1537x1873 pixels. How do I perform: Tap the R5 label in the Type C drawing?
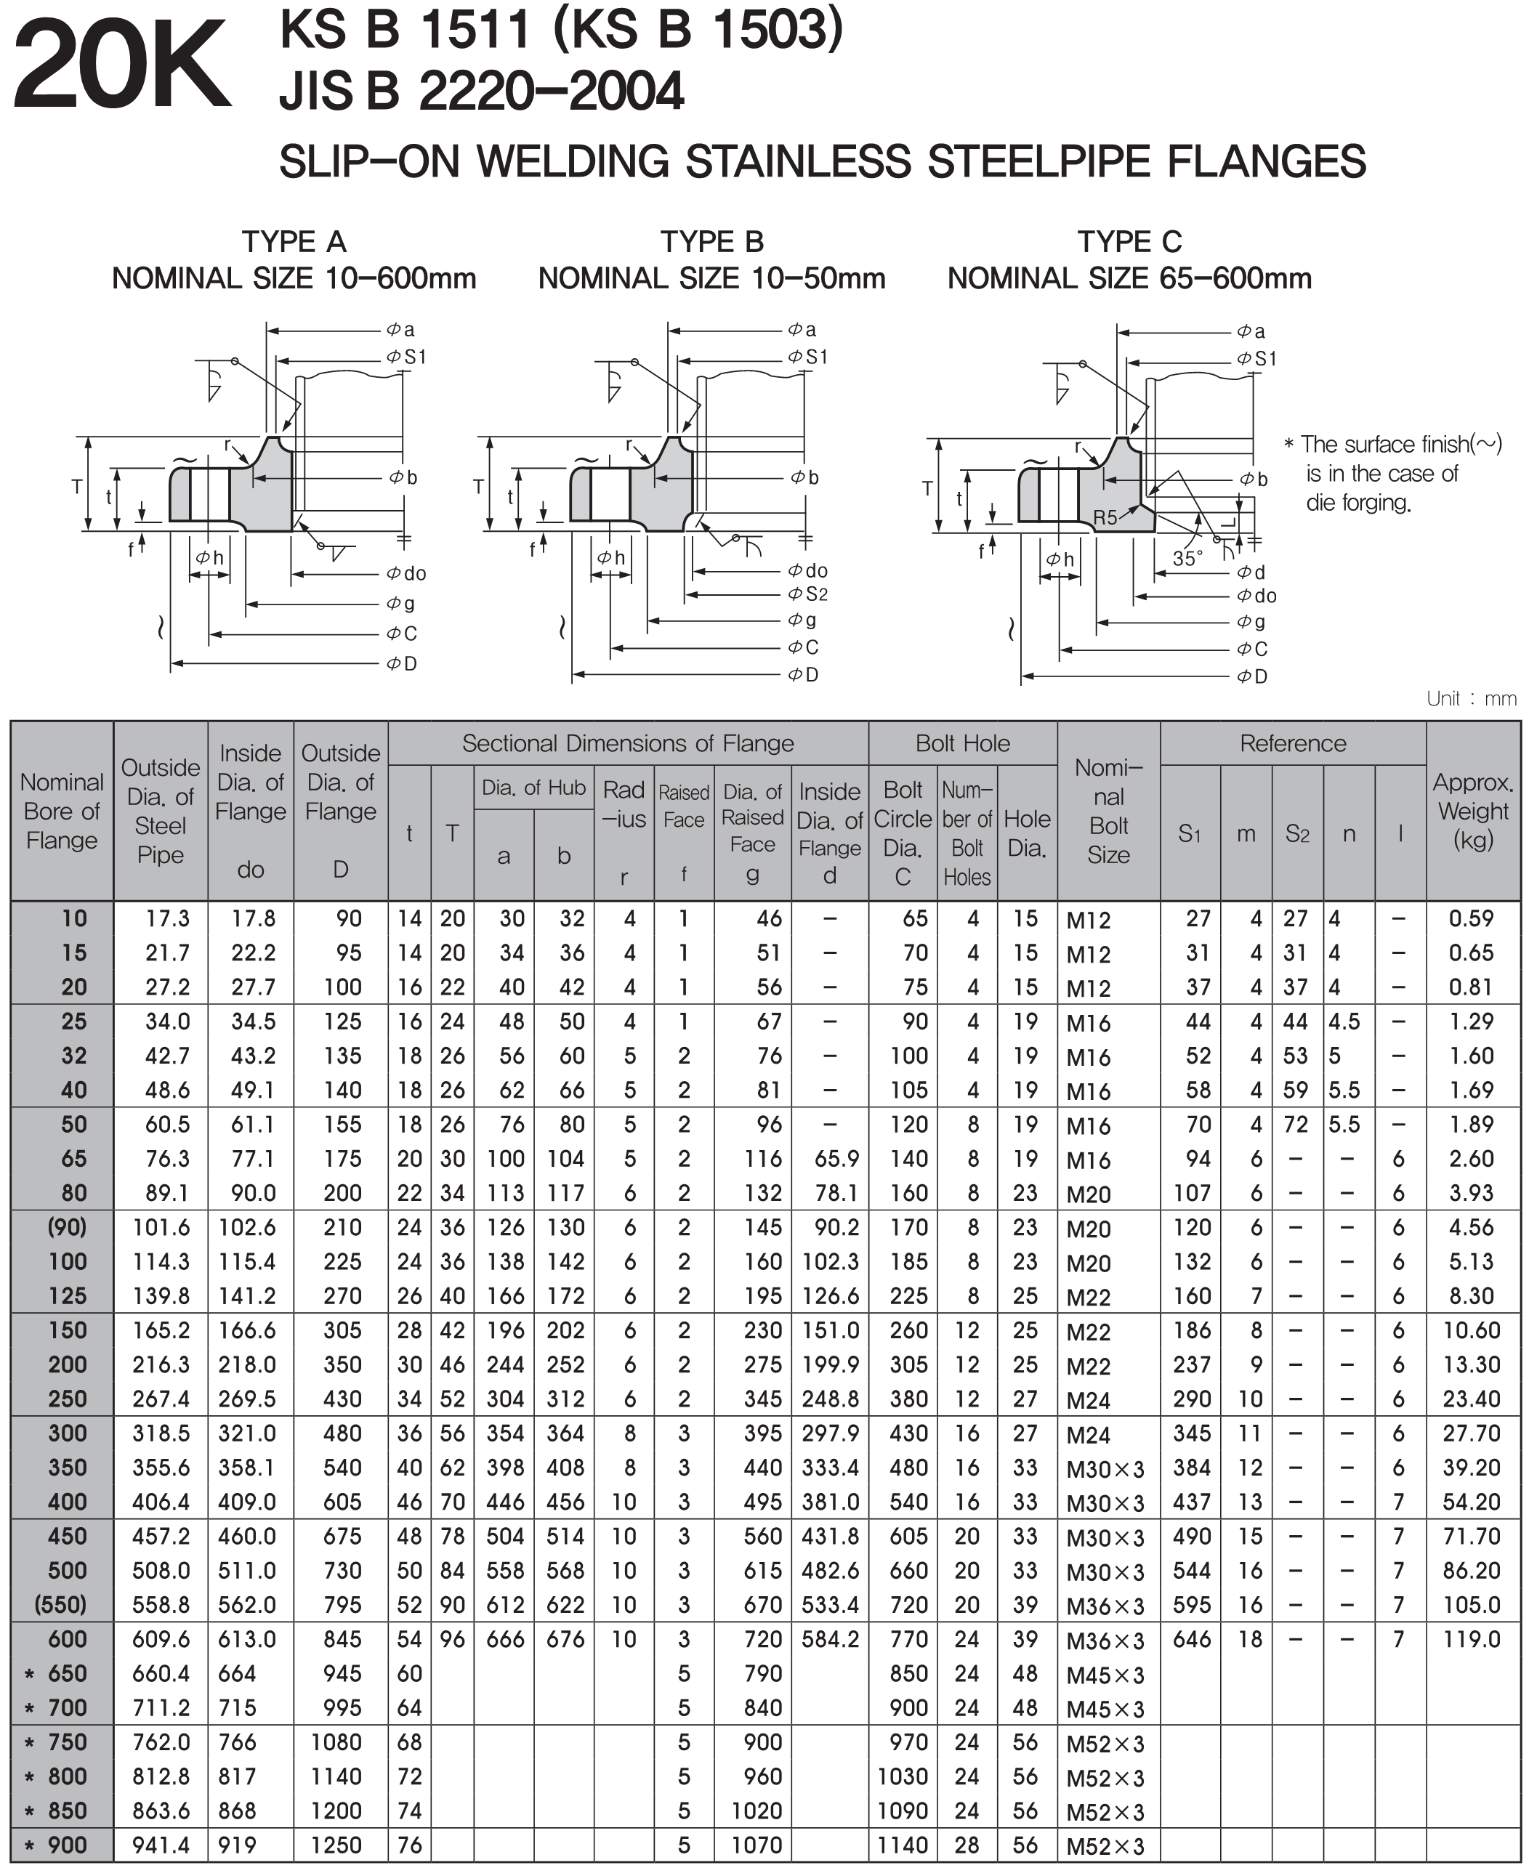[1105, 517]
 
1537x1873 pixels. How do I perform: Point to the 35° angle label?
[1187, 559]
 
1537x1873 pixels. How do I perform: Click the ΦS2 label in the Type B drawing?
[807, 594]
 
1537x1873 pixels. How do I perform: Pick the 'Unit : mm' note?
[1471, 699]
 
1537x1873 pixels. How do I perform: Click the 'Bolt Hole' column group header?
[962, 743]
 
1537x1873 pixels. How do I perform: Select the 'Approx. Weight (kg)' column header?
[1472, 811]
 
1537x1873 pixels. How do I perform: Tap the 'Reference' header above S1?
[1292, 743]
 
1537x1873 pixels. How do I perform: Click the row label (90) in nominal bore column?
[68, 1227]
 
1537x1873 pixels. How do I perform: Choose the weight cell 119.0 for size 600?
[1471, 1639]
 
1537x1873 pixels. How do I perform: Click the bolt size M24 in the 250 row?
[1088, 1400]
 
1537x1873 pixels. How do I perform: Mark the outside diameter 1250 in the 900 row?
[336, 1845]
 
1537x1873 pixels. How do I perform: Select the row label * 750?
[57, 1742]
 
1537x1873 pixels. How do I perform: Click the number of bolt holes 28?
[967, 1845]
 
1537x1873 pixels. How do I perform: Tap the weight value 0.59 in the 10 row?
[1471, 919]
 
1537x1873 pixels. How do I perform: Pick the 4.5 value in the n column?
[1343, 1022]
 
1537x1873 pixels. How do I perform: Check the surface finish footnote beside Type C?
[1392, 474]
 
